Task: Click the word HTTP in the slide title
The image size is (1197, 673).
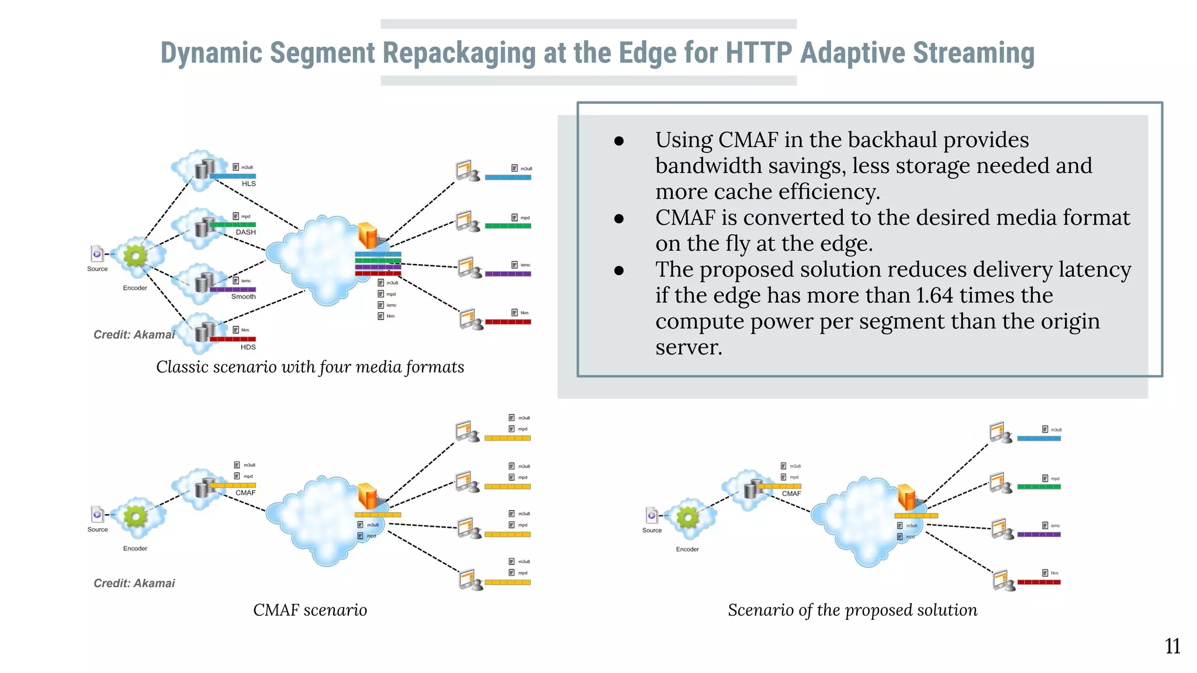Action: click(x=758, y=53)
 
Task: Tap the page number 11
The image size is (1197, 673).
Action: click(x=1172, y=646)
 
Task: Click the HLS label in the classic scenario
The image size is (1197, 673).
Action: click(x=248, y=183)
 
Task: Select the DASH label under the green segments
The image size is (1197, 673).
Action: click(x=245, y=232)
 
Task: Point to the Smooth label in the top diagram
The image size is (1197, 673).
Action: click(x=243, y=297)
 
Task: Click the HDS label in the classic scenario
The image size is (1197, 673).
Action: click(x=248, y=347)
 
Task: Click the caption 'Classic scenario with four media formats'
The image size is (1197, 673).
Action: click(x=310, y=367)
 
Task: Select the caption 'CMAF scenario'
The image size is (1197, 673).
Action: click(x=310, y=610)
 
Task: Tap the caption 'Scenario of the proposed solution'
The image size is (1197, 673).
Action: click(x=852, y=610)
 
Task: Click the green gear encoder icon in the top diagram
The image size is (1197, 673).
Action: click(x=136, y=255)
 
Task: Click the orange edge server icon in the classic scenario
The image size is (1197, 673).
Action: click(x=368, y=235)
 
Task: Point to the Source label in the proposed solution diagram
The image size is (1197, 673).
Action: click(x=652, y=530)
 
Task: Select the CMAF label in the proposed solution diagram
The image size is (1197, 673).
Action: click(x=791, y=494)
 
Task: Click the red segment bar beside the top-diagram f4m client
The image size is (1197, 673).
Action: click(x=507, y=322)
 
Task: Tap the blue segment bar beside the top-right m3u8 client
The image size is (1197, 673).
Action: click(x=507, y=177)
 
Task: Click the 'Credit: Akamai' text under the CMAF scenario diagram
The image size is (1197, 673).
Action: click(x=134, y=583)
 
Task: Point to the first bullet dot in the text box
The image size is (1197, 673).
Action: click(x=619, y=141)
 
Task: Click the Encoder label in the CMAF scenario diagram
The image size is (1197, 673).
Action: click(x=135, y=549)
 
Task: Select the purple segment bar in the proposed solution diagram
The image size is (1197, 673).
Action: click(x=1039, y=535)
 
